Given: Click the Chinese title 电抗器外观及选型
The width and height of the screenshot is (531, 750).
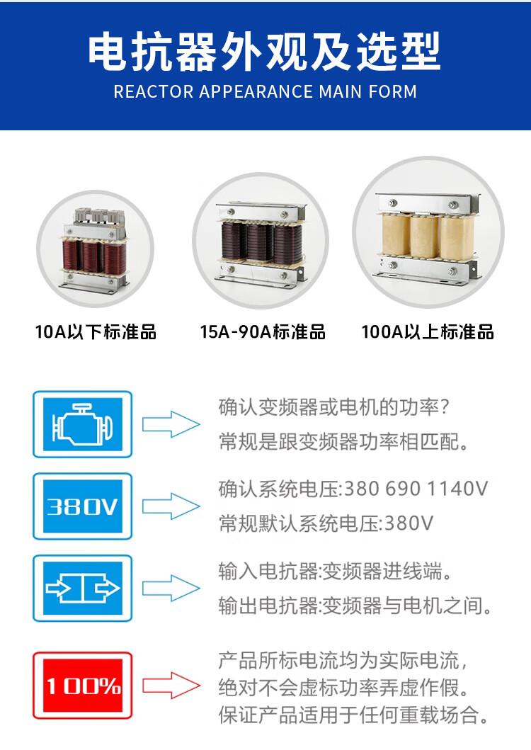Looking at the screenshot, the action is pos(265,51).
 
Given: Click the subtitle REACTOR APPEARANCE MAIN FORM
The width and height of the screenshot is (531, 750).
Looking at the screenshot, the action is pos(265,91).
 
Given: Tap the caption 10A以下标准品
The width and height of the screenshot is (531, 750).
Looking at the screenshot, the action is pos(96,331).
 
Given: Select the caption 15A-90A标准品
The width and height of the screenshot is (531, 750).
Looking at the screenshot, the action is pos(263,331).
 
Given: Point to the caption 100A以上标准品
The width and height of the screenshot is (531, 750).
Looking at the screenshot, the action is pos(428,331).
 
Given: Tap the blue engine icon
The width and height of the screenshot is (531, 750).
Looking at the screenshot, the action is pos(83,424).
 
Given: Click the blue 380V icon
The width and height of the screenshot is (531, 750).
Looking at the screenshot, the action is pos(83,506).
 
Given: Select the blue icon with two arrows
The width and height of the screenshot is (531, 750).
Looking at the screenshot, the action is pos(83,589).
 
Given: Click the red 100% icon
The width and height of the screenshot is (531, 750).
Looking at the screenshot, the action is pos(83,686).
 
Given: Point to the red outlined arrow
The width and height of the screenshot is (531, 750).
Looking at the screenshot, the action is pos(171,686).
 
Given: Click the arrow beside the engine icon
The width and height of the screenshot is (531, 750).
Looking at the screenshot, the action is pos(171,424).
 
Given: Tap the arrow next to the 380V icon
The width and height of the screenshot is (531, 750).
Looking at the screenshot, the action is pos(171,506).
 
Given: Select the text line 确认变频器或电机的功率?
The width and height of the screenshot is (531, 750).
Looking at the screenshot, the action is pos(334,407).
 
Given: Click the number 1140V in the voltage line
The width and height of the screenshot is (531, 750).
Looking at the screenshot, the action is pos(457,489).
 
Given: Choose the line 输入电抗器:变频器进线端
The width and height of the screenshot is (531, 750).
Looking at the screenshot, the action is pos(335,571).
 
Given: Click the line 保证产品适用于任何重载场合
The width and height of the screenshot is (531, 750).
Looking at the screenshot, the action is pos(354,715).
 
